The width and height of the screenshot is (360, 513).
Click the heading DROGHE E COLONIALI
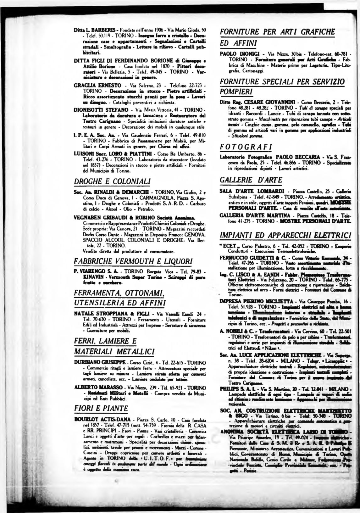tap(112, 181)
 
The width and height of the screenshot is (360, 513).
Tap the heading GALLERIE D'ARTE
tap(246, 180)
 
